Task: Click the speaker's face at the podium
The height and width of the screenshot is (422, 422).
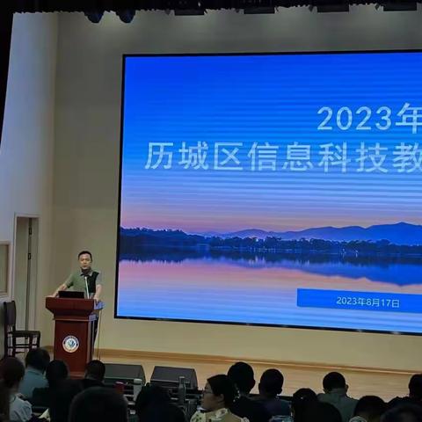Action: point(84,261)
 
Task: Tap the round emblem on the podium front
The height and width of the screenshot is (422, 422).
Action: point(70,344)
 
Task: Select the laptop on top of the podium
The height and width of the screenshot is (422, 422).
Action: point(72,294)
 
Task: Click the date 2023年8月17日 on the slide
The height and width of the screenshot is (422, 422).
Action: point(367,302)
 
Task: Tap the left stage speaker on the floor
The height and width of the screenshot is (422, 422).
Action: point(124,373)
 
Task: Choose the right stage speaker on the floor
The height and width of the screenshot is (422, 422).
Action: point(173,376)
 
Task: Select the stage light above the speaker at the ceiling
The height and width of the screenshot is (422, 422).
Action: point(94,16)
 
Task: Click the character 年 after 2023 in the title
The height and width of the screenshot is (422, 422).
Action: point(406,118)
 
